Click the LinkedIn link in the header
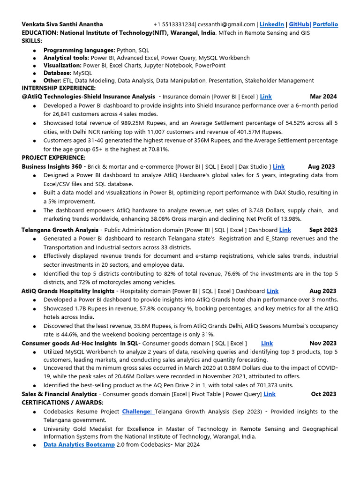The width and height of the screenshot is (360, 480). tap(272, 24)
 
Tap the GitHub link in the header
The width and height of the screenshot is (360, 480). tap(299, 24)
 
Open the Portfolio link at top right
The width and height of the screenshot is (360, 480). tap(325, 24)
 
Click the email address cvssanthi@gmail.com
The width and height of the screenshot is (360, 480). tap(227, 24)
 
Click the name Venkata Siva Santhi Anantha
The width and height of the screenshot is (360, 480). tap(62, 24)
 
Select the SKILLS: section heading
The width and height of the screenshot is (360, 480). tap(32, 41)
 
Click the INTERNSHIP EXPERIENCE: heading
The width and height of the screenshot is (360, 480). tap(59, 88)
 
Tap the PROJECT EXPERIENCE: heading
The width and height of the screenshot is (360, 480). tap(53, 157)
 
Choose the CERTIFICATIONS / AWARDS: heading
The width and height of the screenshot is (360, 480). tap(62, 403)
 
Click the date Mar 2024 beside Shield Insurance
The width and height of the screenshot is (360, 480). tap(323, 97)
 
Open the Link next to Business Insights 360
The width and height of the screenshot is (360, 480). tap(278, 166)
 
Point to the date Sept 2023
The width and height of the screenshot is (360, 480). tap(323, 230)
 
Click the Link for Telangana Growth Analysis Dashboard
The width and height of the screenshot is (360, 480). tap(285, 230)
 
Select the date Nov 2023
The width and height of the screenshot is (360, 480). tap(323, 344)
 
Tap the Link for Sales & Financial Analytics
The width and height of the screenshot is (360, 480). tap(270, 394)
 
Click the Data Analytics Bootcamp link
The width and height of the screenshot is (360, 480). tap(79, 445)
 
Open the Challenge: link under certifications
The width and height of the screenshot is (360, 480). tap(138, 412)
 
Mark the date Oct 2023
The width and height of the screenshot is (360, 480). tap(323, 394)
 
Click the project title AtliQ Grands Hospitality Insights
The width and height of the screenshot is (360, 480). tap(68, 291)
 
